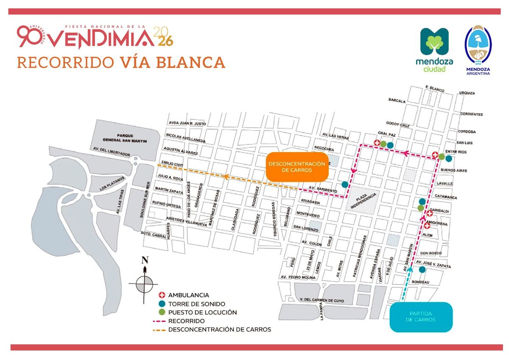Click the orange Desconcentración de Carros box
point(297,167)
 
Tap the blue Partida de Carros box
point(421,316)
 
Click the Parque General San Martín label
point(124,138)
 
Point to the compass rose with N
point(145,282)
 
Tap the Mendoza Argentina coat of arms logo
point(478,50)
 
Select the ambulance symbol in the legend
point(161,295)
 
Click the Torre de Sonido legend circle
point(161,304)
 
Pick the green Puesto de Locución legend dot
point(161,312)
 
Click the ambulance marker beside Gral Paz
point(376,143)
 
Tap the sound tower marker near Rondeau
point(422,270)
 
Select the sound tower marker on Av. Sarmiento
point(345,184)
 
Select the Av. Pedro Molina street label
point(297,277)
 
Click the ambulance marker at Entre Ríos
point(435,155)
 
